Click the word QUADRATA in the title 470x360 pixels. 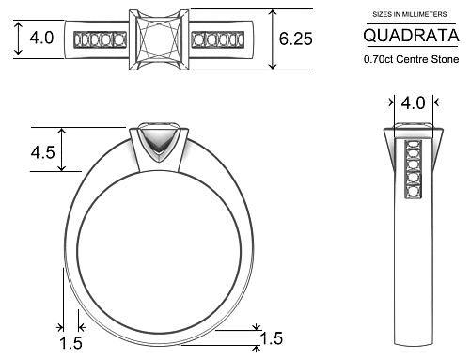click(411, 37)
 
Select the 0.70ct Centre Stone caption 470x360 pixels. click(411, 58)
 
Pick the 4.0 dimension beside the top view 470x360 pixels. click(41, 39)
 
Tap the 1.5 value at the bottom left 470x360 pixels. click(71, 343)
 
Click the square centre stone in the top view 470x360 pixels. click(158, 39)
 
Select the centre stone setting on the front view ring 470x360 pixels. click(158, 144)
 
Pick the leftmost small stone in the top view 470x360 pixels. click(81, 39)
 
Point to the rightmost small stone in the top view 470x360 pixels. click(237, 39)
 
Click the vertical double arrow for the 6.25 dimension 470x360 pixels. click(274, 39)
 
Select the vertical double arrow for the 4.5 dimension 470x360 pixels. click(62, 149)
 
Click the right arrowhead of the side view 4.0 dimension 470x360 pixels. click(434, 102)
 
